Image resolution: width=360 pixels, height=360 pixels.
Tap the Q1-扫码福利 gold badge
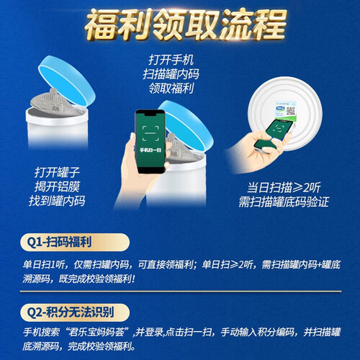click(75, 242)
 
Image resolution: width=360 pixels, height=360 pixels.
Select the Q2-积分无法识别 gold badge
click(75, 312)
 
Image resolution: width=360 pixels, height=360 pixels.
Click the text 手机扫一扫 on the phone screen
click(150, 150)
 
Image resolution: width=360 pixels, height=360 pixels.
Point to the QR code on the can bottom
click(291, 111)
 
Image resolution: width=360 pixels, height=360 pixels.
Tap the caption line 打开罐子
click(57, 173)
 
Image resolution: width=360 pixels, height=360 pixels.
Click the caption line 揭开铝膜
click(57, 186)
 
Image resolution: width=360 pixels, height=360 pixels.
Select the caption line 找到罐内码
click(57, 201)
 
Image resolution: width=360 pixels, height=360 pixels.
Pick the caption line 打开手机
click(171, 60)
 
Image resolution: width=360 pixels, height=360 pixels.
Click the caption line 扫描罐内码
click(171, 74)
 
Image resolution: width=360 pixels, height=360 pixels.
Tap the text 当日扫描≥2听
click(284, 187)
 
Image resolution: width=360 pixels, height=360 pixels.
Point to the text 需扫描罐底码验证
click(284, 202)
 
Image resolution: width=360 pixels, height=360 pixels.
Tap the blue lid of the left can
click(68, 80)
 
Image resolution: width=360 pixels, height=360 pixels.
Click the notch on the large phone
click(150, 114)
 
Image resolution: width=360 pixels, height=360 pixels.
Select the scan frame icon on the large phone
click(150, 133)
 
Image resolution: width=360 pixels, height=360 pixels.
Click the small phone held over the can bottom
click(274, 135)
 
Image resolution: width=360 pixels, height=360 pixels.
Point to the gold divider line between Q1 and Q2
click(181, 292)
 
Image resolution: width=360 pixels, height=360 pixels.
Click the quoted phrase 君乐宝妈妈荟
click(96, 333)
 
